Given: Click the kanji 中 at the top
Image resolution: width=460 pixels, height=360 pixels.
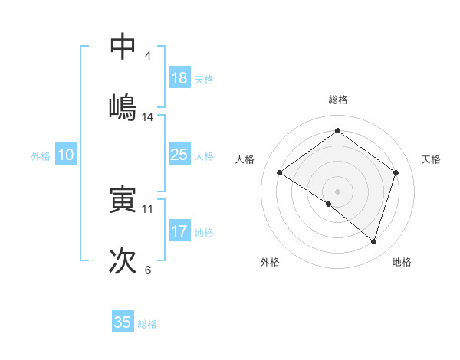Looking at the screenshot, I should pos(123,46).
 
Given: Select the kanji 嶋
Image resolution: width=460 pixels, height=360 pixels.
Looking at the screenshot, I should pos(123,106).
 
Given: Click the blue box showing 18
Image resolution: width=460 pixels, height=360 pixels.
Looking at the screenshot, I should pos(179,78).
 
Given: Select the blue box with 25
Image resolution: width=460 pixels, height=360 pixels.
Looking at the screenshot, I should pos(179,155).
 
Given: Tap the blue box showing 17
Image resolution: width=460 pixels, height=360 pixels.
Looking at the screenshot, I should pos(179,231).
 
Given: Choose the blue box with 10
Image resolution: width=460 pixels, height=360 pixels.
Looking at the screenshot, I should pos(66,155).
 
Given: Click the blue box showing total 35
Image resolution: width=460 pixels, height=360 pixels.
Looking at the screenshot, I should pos(123,322).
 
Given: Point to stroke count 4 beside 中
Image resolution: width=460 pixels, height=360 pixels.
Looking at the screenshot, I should pos(148,56).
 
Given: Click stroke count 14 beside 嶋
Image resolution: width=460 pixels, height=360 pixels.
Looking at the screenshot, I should pos(148,116).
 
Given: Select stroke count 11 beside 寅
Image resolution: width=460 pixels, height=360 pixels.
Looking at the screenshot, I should pos(148,208).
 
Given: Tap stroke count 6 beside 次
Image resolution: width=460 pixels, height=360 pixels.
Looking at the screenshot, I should pos(148,270).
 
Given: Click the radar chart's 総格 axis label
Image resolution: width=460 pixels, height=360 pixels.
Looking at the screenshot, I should pos(338,100).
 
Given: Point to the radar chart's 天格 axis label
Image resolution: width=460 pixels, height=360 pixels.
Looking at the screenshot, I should pos(432,159).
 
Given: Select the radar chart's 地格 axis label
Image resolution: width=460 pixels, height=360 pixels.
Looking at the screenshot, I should pos(402,262).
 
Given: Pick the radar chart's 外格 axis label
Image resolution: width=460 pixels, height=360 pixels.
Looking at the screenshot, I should pos(270,262).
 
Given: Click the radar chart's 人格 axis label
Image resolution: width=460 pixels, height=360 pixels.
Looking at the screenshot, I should pos(245,159).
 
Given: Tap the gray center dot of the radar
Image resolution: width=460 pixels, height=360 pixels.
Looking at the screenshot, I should pos(338,191).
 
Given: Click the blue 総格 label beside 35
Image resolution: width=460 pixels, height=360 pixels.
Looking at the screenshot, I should pos(147,324).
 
